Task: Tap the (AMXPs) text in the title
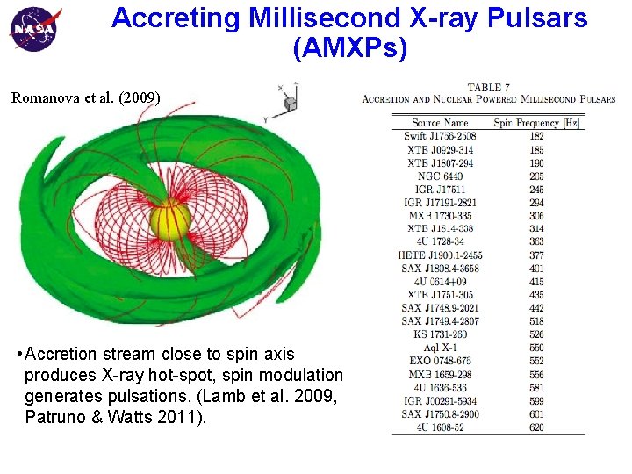[x=350, y=49]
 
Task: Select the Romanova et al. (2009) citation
[x=86, y=97]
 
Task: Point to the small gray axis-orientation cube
[x=290, y=103]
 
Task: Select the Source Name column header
[x=440, y=123]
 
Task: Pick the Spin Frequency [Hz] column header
[x=537, y=123]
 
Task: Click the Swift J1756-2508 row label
[x=440, y=136]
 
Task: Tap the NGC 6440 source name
[x=440, y=176]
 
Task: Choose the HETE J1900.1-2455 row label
[x=440, y=255]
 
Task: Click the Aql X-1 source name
[x=440, y=348]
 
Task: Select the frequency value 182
[x=536, y=136]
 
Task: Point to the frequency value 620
[x=536, y=427]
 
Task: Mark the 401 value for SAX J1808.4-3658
[x=536, y=269]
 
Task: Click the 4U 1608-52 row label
[x=440, y=427]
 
